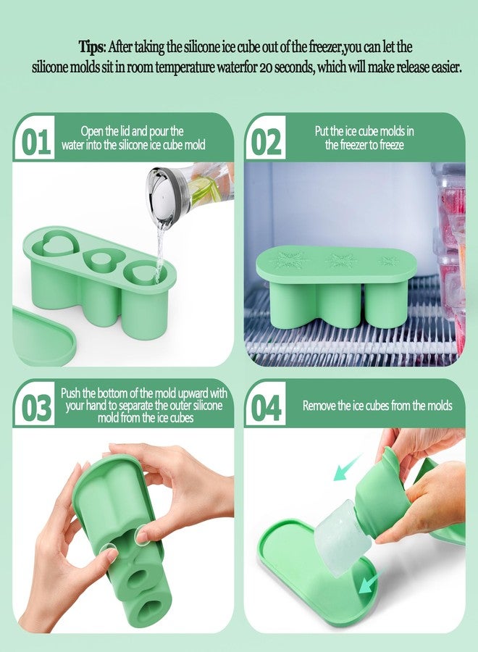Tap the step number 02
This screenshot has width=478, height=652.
click(267, 142)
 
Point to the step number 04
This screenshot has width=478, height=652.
click(267, 408)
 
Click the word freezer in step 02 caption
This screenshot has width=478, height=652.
click(348, 145)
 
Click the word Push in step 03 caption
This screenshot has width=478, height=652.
click(73, 393)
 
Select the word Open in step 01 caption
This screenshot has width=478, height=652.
click(93, 131)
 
